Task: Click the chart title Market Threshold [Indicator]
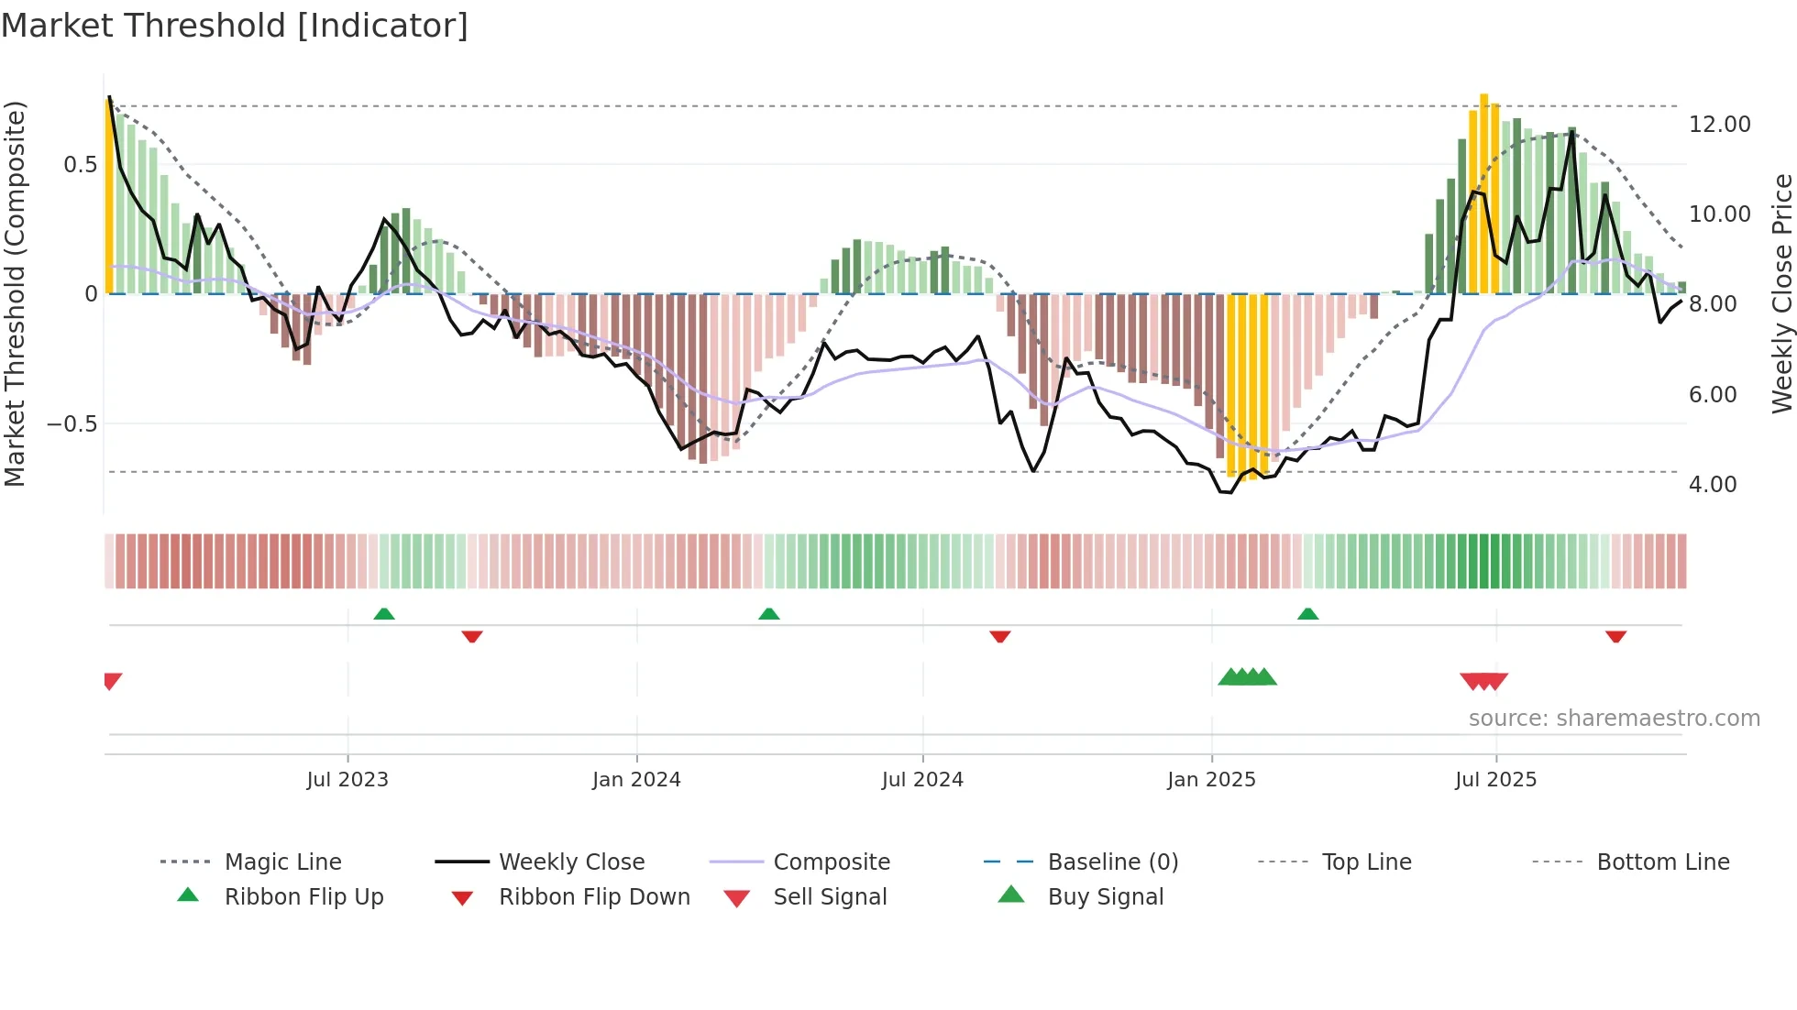coord(235,26)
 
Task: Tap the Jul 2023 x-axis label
coord(347,780)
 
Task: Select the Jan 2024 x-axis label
coord(636,780)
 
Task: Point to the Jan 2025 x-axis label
coord(1211,780)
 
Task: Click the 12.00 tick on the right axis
coord(1719,125)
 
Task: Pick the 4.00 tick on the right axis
coord(1713,485)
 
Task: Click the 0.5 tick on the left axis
coord(80,165)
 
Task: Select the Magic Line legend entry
coord(282,862)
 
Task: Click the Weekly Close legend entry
coord(571,862)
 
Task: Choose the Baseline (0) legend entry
coord(1112,862)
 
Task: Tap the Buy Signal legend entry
coord(1105,897)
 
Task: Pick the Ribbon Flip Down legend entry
coord(593,897)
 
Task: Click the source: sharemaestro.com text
coord(1614,719)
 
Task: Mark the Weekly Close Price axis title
coord(1781,293)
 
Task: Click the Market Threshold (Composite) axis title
coord(15,293)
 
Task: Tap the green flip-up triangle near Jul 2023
coord(384,614)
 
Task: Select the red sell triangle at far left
coord(112,680)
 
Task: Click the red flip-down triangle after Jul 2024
coord(1000,636)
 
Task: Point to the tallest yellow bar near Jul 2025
coord(1484,192)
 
